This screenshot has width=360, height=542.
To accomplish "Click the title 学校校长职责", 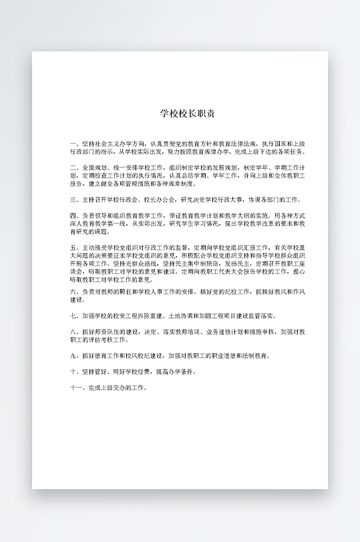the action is click(x=187, y=113).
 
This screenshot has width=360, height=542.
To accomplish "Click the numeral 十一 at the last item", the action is click(x=74, y=387).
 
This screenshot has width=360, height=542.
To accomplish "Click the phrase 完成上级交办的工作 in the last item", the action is click(x=116, y=387).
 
